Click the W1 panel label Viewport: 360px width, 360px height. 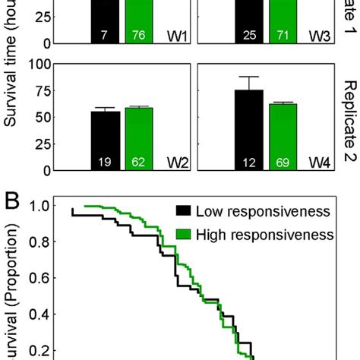tap(178, 35)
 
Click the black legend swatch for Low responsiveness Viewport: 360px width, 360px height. tap(182, 211)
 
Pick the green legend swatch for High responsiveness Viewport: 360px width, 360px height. tap(182, 235)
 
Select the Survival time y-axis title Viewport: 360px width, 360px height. tap(11, 84)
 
